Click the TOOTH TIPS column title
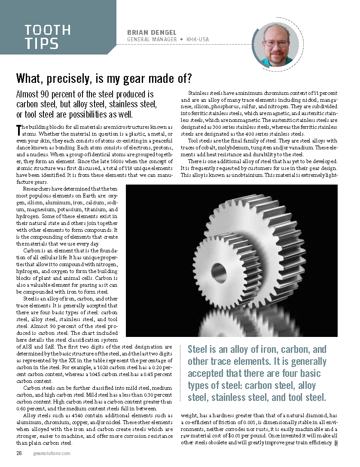[47, 36]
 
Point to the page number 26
[19, 453]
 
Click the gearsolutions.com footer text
[52, 453]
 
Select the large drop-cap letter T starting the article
[18, 128]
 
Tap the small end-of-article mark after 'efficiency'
[336, 443]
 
